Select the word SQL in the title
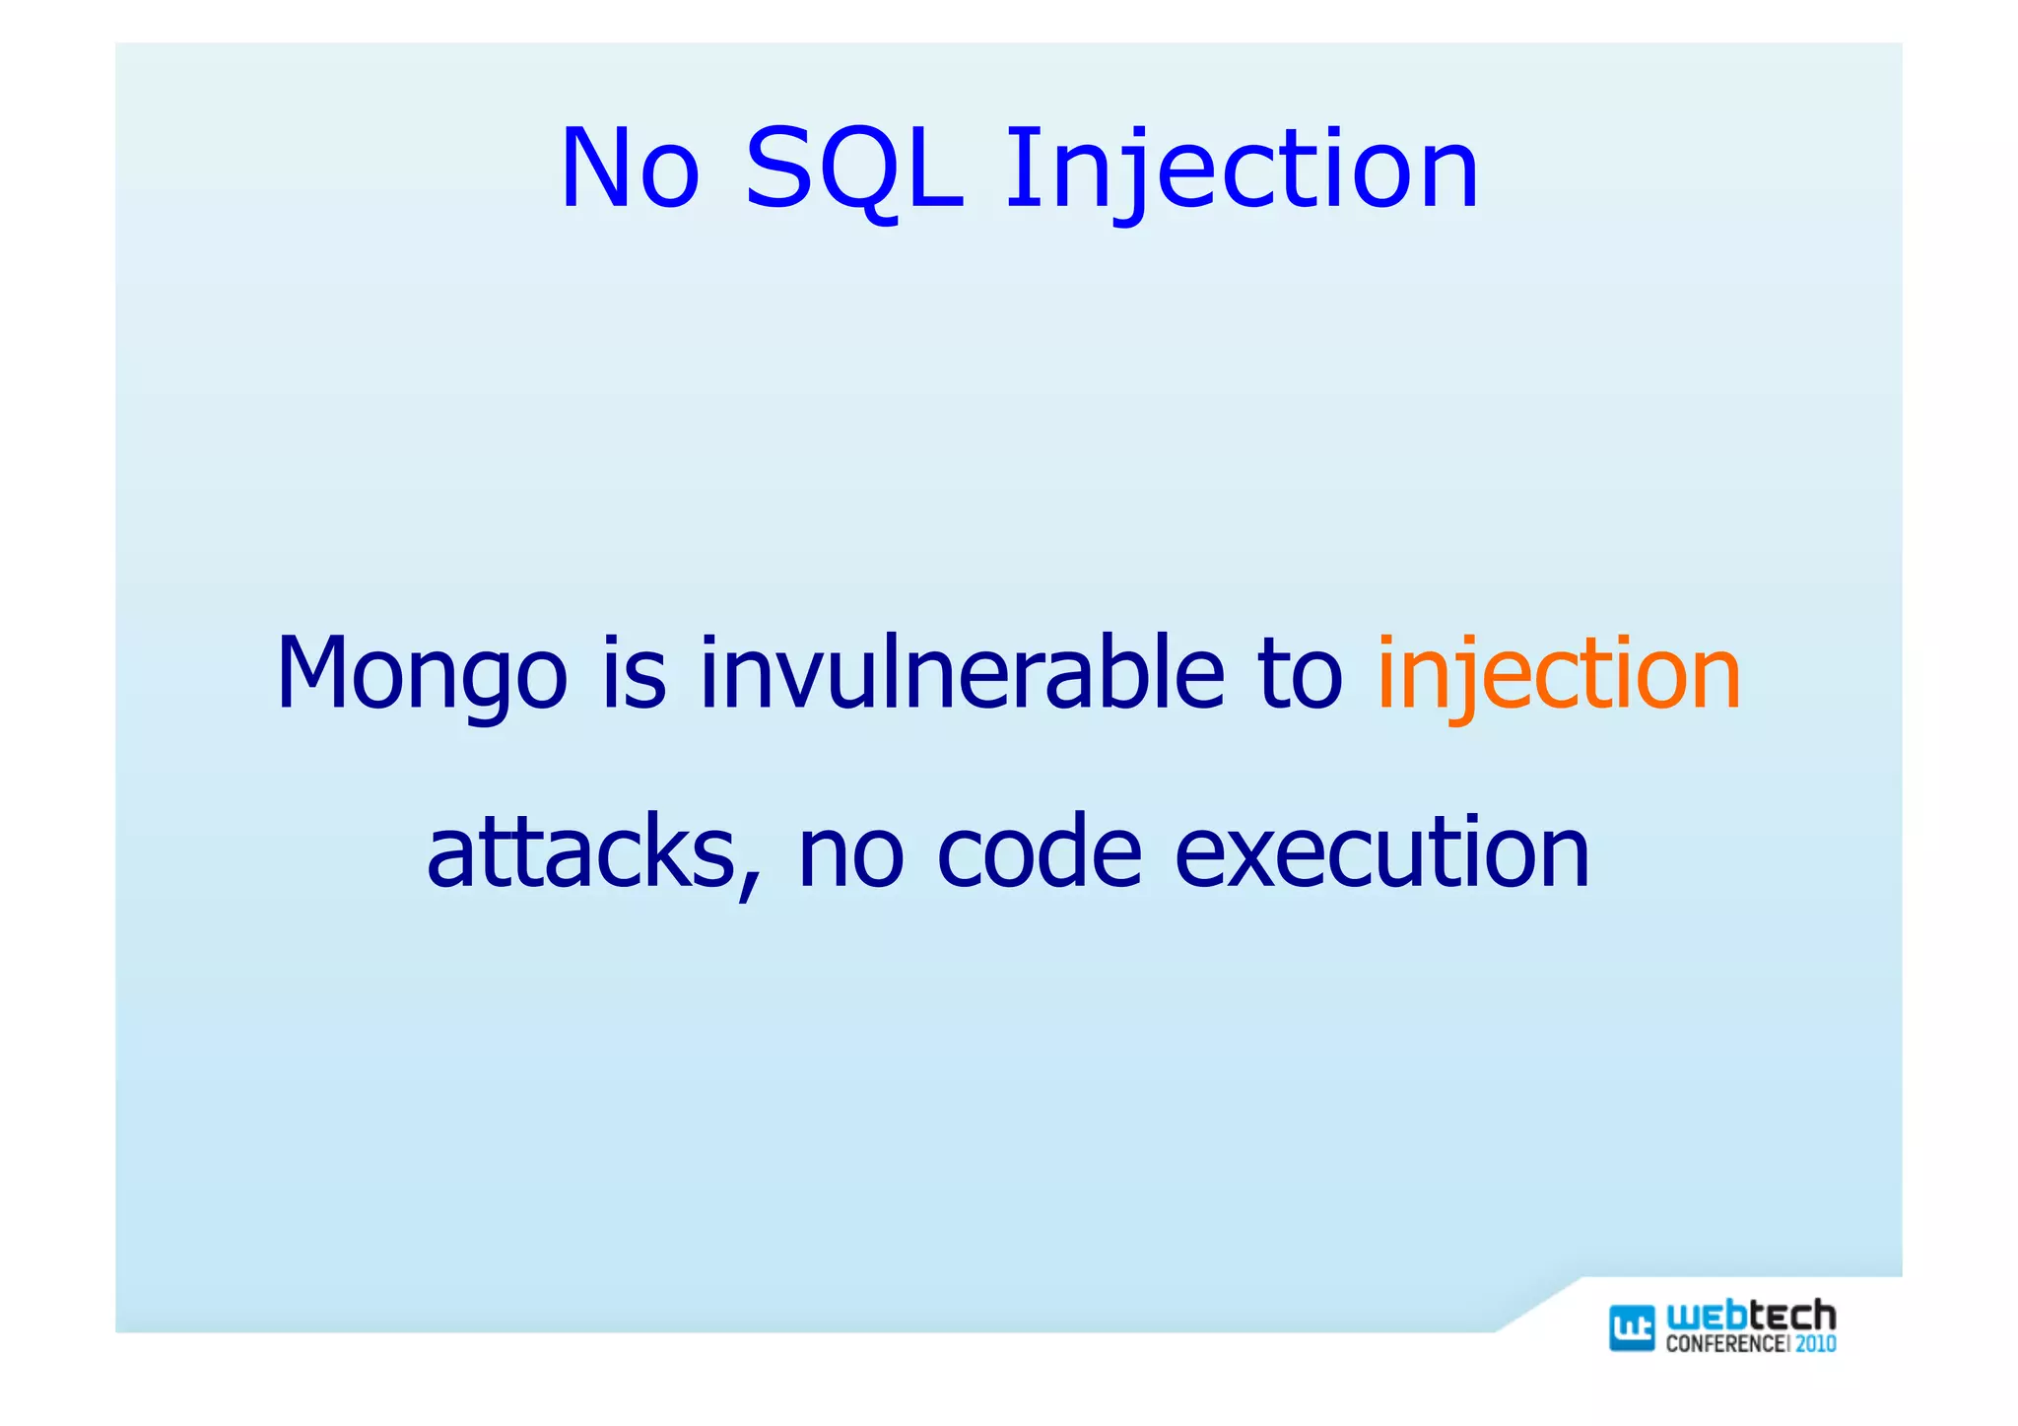853,170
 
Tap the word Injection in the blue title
1241,170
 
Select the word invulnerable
962,673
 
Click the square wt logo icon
1632,1327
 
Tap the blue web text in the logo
1706,1318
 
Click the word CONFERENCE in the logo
1724,1344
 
